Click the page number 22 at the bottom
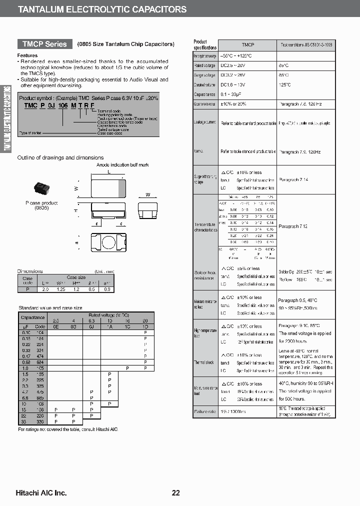coord(176,493)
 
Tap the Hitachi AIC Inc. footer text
coord(41,493)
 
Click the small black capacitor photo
coord(41,188)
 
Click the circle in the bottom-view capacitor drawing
coord(108,243)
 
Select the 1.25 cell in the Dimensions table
coord(61,289)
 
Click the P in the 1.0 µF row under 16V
coord(127,368)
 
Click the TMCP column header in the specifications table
coord(248,44)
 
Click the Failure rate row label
coord(205,412)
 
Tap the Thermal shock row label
coord(204,362)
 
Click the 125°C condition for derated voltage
coord(284,84)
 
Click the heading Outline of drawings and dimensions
coord(60,157)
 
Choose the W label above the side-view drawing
coord(148,194)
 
